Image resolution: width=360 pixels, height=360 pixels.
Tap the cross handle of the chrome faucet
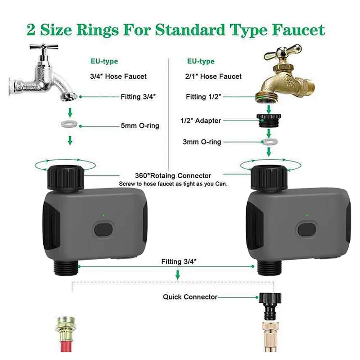[x=44, y=47]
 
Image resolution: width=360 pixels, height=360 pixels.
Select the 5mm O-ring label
[x=140, y=126]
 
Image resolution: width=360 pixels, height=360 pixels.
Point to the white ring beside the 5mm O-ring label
[x=69, y=124]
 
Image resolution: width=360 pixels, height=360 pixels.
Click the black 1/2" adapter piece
[x=269, y=120]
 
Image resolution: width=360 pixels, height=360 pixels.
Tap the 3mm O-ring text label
[x=202, y=142]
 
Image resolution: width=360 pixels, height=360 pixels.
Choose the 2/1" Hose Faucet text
[x=213, y=76]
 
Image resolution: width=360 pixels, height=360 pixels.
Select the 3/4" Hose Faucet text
[x=118, y=76]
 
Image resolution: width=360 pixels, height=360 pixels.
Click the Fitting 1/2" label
[x=203, y=97]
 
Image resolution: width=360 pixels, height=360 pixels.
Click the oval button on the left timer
[x=103, y=229]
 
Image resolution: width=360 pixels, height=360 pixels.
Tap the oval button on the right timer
[x=307, y=229]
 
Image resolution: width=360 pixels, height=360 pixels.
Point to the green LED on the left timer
[x=103, y=216]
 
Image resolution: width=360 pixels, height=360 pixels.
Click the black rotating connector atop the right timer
[x=269, y=178]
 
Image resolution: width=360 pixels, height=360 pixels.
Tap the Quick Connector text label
[x=190, y=297]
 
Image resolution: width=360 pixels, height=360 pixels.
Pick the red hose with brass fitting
[x=66, y=334]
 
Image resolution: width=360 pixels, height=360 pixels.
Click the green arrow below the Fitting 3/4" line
[x=177, y=274]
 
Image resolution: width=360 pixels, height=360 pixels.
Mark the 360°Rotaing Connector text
[x=173, y=175]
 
